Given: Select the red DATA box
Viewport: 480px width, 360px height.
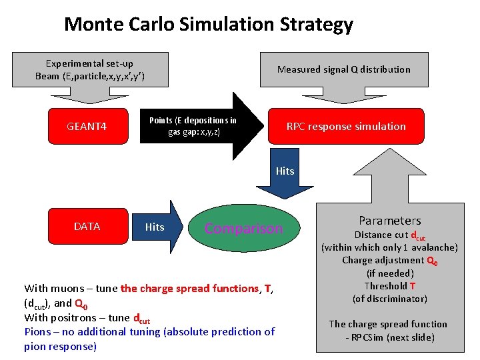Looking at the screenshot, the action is pos(87,227).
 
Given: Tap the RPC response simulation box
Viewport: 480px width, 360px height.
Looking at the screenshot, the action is pos(345,126).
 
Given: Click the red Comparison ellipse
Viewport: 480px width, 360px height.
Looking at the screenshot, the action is pos(244,229).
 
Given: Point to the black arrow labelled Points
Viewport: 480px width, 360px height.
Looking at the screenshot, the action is pos(200,126).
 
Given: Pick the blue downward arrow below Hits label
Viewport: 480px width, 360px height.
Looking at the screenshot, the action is pos(285,190).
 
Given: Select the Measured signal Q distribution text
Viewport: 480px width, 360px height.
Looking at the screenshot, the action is pos(343,69).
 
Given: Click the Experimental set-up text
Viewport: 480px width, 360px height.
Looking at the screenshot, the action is pos(89,63).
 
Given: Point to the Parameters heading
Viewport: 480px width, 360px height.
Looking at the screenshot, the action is pos(390,221).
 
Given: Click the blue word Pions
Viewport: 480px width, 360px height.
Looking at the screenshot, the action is pos(38,331).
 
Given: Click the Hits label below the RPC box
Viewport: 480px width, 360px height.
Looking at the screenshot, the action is pos(285,171).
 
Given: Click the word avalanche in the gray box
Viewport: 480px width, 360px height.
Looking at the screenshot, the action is pos(431,247).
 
